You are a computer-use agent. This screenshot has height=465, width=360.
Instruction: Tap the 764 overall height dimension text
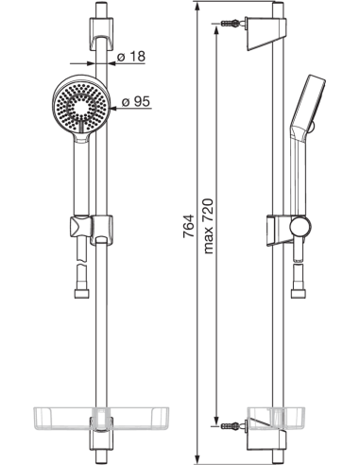pos(187,231)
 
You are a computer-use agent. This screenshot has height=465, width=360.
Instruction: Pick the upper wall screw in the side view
pos(231,23)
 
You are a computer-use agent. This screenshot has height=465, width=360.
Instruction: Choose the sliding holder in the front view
pos(100,230)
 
